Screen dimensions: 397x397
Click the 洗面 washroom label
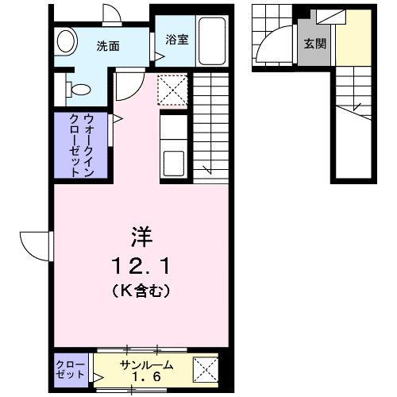(108, 46)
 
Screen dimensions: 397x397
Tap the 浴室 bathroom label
(176, 38)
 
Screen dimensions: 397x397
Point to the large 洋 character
(140, 236)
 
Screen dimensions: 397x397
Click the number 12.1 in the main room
(140, 264)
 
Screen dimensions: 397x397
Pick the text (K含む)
(140, 291)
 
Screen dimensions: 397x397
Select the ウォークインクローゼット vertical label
(81, 145)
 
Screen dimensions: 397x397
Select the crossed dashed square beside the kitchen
(172, 89)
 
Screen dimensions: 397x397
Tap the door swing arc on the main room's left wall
(36, 245)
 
